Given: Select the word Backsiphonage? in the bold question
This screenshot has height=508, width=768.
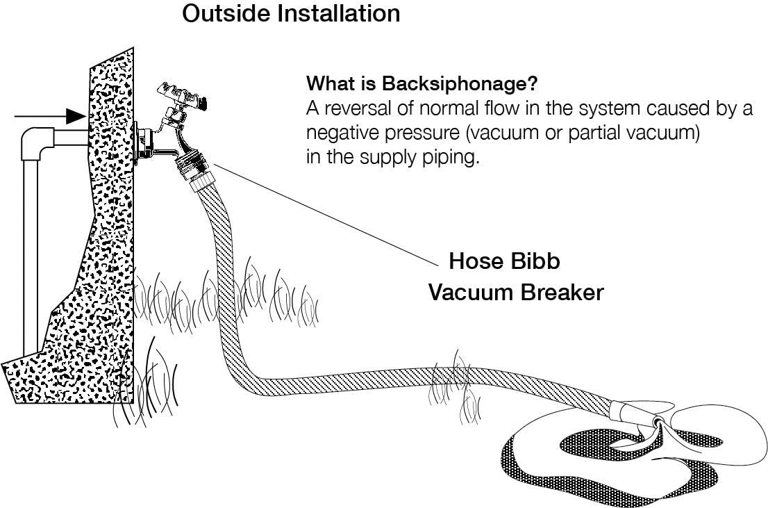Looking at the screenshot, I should [x=459, y=84].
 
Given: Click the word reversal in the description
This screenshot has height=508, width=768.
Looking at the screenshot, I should [x=360, y=110].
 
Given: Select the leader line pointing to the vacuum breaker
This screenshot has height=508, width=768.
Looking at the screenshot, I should [x=326, y=216].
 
